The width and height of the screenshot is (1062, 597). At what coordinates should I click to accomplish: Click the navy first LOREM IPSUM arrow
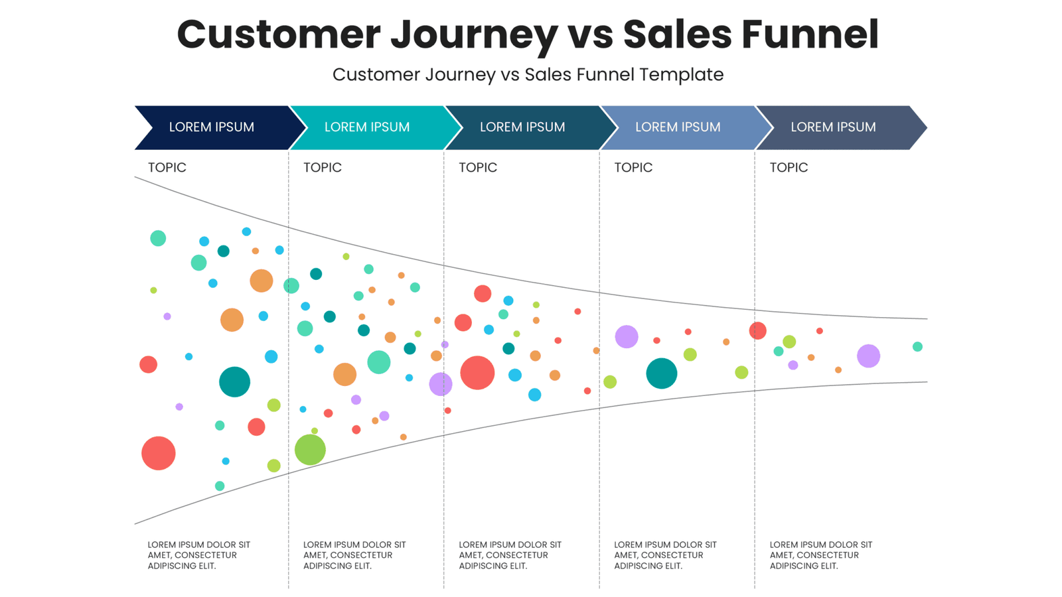pyautogui.click(x=211, y=127)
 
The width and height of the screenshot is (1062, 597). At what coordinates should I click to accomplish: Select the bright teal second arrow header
pyautogui.click(x=366, y=127)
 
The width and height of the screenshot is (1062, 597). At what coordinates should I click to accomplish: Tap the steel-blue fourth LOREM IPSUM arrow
pyautogui.click(x=677, y=127)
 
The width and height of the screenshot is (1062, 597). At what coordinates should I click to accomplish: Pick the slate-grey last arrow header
pyautogui.click(x=833, y=127)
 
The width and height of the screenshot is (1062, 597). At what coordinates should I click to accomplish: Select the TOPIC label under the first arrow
pyautogui.click(x=167, y=167)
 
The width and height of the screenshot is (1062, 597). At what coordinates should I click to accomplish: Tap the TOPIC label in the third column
pyautogui.click(x=478, y=167)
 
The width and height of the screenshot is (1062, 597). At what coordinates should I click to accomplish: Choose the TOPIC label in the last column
pyautogui.click(x=789, y=167)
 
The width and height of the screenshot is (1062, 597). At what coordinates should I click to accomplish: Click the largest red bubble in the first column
pyautogui.click(x=158, y=453)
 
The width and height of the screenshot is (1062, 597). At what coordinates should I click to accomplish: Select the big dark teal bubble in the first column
pyautogui.click(x=234, y=382)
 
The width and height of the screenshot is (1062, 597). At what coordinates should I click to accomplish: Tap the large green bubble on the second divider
pyautogui.click(x=310, y=450)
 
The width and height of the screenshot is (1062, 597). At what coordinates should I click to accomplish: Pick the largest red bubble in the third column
pyautogui.click(x=477, y=372)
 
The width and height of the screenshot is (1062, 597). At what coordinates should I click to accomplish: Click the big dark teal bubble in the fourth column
pyautogui.click(x=661, y=373)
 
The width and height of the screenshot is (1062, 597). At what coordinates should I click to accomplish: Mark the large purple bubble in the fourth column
pyautogui.click(x=626, y=337)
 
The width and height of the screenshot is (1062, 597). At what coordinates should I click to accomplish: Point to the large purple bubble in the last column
pyautogui.click(x=868, y=356)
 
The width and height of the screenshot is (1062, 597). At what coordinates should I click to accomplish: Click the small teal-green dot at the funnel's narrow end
pyautogui.click(x=917, y=346)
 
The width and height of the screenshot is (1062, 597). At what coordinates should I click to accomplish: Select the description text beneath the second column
pyautogui.click(x=354, y=555)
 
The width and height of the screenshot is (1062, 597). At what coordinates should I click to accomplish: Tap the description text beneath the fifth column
pyautogui.click(x=820, y=555)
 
